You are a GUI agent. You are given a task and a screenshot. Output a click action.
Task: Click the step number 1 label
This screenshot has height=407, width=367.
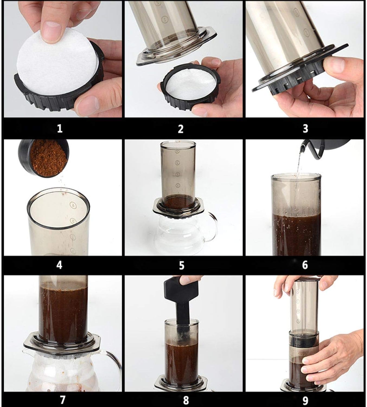tap(60, 129)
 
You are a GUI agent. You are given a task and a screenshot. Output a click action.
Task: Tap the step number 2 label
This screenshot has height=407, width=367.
tap(181, 129)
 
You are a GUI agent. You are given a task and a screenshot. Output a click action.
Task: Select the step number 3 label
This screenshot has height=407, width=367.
tap(305, 129)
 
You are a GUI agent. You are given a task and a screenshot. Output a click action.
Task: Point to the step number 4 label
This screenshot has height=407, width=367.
tap(59, 265)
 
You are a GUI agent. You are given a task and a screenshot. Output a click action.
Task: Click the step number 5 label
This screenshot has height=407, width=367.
tap(181, 265)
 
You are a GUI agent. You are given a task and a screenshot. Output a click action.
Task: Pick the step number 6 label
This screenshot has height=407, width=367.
tap(305, 265)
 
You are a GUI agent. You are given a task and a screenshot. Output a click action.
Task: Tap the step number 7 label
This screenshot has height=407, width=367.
tap(62, 400)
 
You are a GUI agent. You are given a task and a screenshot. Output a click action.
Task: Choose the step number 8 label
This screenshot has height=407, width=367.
tap(186, 400)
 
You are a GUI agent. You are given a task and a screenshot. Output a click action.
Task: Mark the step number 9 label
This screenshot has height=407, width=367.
tap(305, 400)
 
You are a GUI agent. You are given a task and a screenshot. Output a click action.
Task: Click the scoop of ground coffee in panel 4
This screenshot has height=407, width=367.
tap(44, 158)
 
